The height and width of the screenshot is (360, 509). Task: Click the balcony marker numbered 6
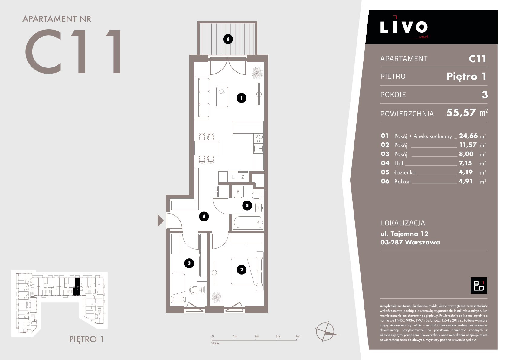tap(228, 39)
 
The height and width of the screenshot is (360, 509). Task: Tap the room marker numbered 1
tap(241, 98)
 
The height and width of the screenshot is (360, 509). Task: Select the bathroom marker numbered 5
tap(247, 205)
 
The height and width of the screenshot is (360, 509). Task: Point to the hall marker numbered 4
tap(204, 217)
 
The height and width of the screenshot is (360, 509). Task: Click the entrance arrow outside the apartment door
tap(160, 221)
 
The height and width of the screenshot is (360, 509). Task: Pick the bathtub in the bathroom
tap(248, 222)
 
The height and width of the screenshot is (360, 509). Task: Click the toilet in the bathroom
tap(257, 195)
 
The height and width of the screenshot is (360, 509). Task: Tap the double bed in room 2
tap(247, 271)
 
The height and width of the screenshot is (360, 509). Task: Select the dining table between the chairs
tap(206, 148)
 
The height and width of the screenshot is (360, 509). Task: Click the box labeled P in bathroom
tap(238, 191)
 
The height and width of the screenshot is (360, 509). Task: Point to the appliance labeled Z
tap(243, 177)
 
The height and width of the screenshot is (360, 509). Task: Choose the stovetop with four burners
tap(259, 139)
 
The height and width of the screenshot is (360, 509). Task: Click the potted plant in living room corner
tap(257, 73)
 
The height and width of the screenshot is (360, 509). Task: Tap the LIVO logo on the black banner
tap(404, 27)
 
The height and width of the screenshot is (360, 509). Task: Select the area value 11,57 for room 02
tap(468, 145)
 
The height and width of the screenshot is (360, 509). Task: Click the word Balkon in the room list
tap(403, 182)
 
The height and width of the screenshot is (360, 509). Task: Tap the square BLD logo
tap(478, 286)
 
